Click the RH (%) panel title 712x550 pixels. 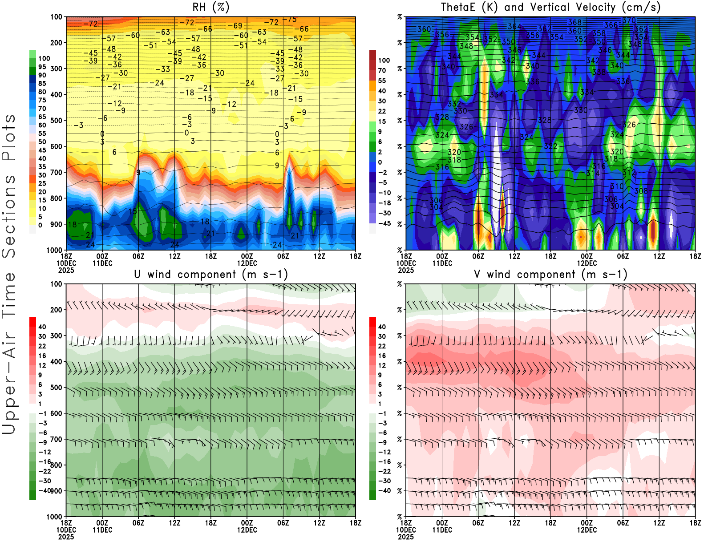coord(211,7)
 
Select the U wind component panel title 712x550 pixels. coord(211,275)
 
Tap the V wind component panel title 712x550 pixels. coord(550,275)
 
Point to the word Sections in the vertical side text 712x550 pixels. coord(9,216)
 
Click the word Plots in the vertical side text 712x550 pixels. coord(9,138)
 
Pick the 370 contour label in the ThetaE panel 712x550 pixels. coord(629,20)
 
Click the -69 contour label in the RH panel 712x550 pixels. coord(235,26)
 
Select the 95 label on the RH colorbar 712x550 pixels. coord(42,67)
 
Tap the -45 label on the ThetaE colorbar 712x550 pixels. coord(384,223)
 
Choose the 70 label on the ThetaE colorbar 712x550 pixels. coord(382,70)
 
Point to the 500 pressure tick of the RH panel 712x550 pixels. coord(56,120)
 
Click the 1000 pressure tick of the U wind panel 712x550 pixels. coord(54,517)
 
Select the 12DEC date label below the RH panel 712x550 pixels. coord(247,263)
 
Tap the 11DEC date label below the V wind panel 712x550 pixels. coord(442,530)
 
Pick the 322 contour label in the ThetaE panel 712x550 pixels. coord(550,146)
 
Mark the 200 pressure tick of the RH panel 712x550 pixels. coord(56,43)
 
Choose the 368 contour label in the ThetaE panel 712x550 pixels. coord(574,22)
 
